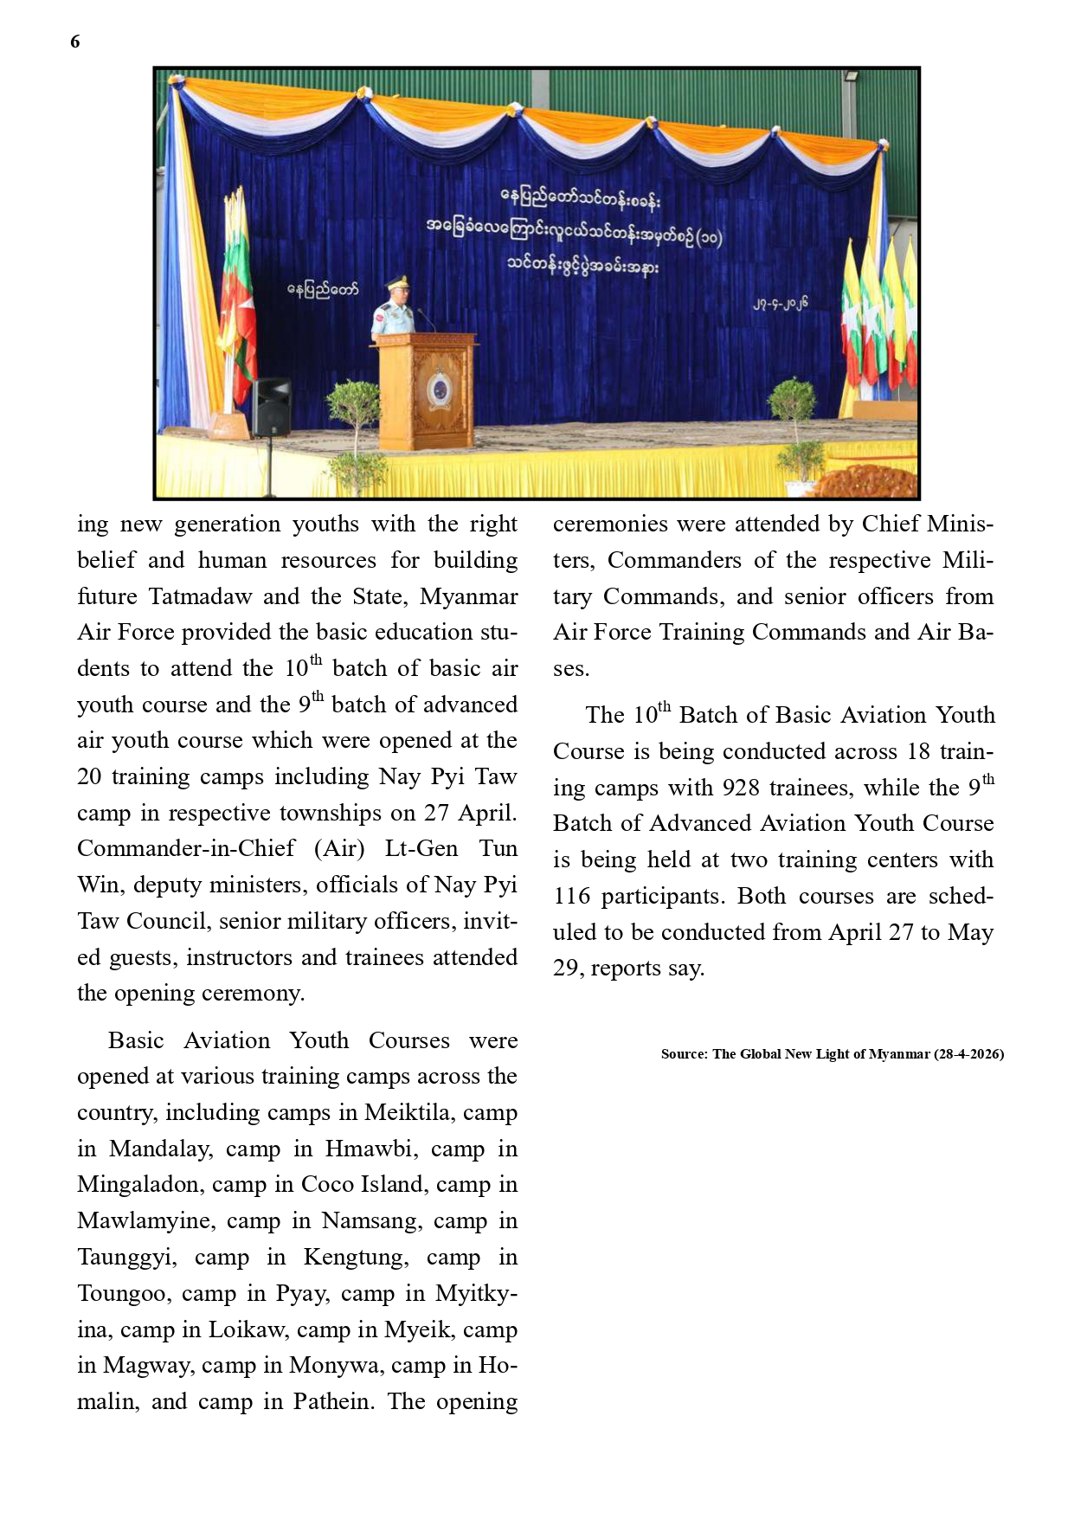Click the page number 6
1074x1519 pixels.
(75, 42)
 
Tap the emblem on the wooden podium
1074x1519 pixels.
(439, 389)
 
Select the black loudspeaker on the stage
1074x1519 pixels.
(270, 407)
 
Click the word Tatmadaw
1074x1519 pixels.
(200, 596)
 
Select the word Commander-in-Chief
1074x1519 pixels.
(186, 848)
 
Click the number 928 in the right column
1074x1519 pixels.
(741, 788)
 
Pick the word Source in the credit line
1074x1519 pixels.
(682, 1054)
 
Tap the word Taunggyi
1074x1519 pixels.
(126, 1257)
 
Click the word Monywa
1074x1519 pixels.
(333, 1365)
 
